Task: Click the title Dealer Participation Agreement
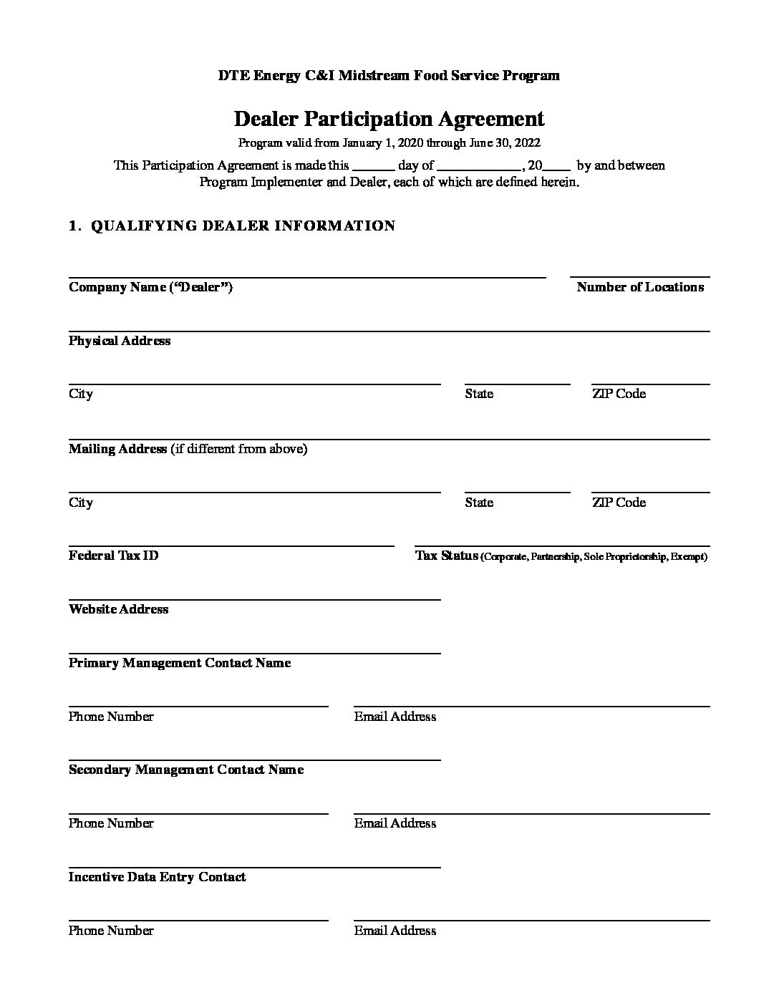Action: pos(389,119)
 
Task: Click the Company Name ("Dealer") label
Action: pos(150,287)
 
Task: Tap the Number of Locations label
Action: pos(640,287)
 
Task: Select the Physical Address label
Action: pos(120,341)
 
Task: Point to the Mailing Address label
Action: pos(117,449)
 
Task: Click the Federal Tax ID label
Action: pos(113,556)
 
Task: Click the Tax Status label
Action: pos(447,556)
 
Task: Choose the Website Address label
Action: pos(119,609)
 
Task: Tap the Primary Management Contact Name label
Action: pos(180,663)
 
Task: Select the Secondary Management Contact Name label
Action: pos(186,770)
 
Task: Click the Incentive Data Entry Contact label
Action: pos(158,877)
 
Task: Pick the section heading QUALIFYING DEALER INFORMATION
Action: pos(243,226)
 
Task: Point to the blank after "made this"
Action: pos(373,168)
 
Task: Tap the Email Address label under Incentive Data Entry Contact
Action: pos(395,931)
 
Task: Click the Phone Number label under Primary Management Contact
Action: pos(111,717)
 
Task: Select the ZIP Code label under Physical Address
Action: pos(619,394)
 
